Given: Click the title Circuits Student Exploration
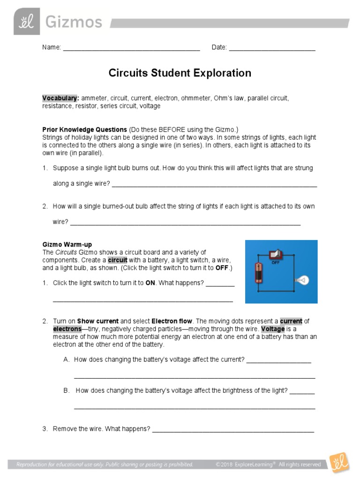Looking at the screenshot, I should pos(180,73).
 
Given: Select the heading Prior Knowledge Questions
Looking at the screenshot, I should pos(84,129).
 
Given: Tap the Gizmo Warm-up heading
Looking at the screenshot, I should pos(67,245).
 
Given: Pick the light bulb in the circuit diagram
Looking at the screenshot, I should pos(302,280).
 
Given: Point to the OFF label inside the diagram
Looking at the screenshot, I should pos(276,263).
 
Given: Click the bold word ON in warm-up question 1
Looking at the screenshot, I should pos(150,283).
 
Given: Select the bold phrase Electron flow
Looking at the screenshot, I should pos(172,321).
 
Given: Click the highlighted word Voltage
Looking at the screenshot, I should pos(273,329).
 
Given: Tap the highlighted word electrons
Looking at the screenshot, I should pos(67,329).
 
